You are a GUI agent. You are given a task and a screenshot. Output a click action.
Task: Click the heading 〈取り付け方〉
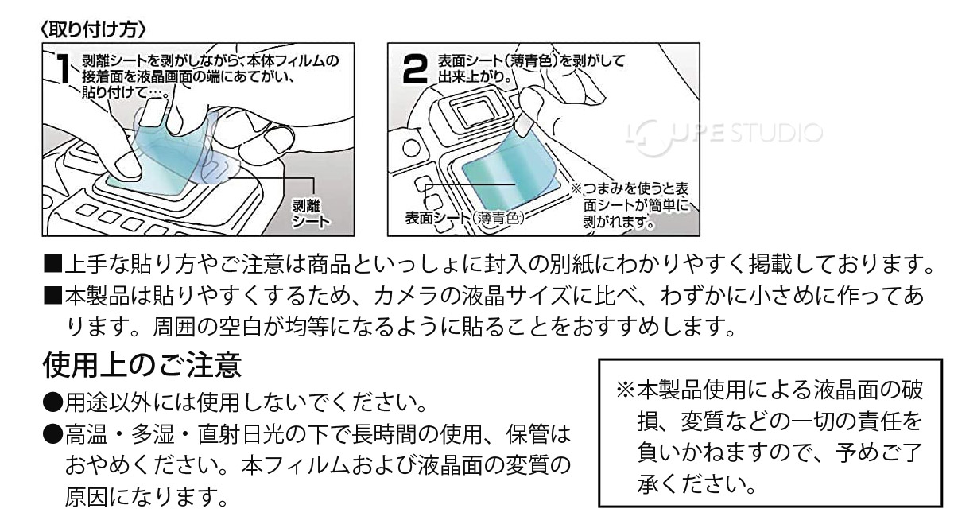[x=93, y=29]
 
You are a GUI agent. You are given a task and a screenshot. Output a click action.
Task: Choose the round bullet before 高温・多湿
[x=52, y=433]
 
